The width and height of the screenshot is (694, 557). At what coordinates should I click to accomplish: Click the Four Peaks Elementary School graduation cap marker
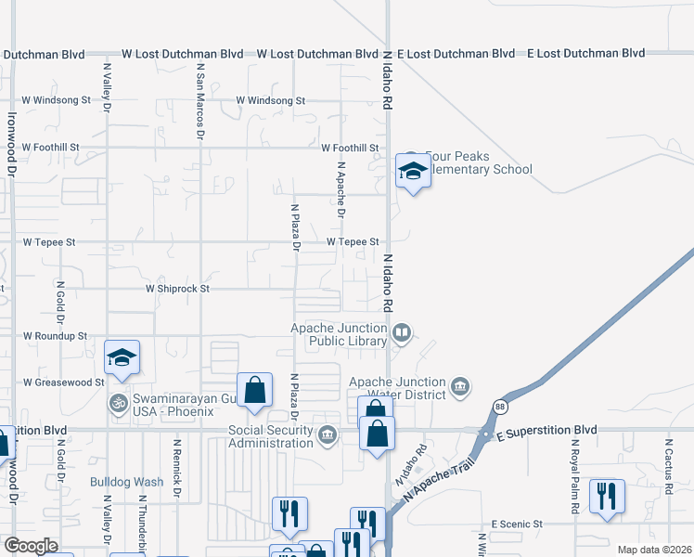click(412, 171)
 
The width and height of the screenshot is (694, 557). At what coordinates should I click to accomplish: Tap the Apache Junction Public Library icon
click(402, 332)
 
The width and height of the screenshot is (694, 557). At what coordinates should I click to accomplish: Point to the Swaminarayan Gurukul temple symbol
click(117, 403)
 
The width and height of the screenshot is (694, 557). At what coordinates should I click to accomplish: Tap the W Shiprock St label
click(178, 289)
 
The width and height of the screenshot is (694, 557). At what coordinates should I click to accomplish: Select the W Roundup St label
click(55, 336)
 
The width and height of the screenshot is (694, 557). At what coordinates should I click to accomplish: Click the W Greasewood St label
click(63, 382)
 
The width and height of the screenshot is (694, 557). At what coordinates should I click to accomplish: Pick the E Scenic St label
click(517, 525)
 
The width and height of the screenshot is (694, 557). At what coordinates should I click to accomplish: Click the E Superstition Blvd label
click(546, 432)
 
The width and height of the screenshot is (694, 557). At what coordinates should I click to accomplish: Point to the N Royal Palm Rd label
click(573, 464)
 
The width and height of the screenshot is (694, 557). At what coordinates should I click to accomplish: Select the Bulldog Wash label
click(126, 482)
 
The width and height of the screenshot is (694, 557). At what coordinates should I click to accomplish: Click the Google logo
click(31, 546)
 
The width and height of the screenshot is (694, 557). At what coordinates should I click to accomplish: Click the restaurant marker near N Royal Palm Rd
click(606, 494)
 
